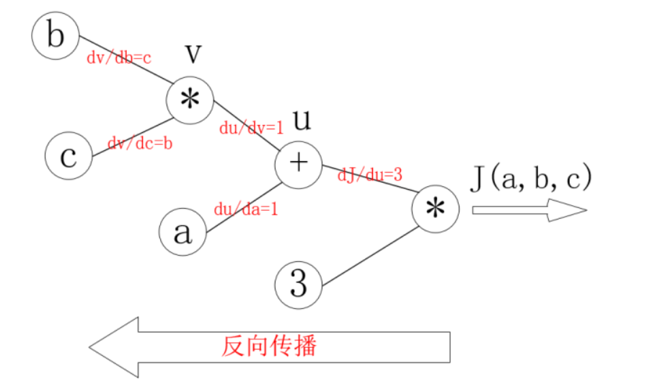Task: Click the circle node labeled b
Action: pos(55,36)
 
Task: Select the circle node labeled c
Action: pos(68,157)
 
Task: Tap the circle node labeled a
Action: pos(182,232)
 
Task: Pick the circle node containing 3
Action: pos(298,284)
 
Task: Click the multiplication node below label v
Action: pos(190,100)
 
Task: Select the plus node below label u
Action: pos(298,164)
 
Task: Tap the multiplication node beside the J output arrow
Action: pos(435,209)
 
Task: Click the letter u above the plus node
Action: pos(301,120)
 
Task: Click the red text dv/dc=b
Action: pos(140,144)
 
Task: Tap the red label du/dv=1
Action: pos(252,128)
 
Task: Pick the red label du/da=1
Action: pos(246,209)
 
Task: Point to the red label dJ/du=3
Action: pos(370,174)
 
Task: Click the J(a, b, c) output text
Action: pos(531,178)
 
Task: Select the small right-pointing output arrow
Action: pos(529,210)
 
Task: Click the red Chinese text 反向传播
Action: pos(269,346)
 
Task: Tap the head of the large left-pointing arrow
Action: pos(115,347)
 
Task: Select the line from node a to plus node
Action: pos(244,207)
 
